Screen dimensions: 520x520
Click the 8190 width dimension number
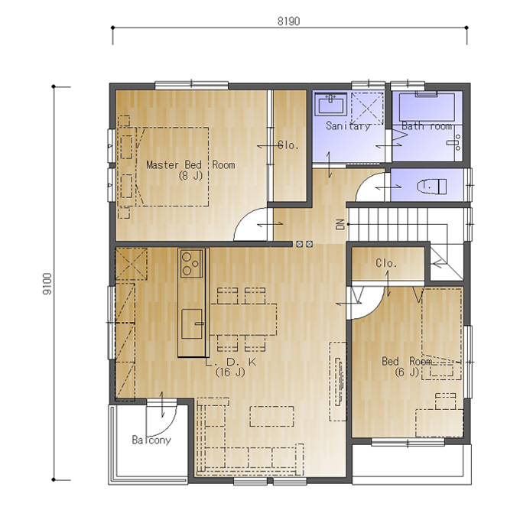point(288,21)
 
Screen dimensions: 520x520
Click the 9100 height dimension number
point(47,284)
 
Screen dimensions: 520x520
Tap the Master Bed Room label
point(190,165)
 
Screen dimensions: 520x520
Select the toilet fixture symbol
point(431,187)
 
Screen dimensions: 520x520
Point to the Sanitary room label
point(348,125)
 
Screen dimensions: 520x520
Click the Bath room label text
point(427,125)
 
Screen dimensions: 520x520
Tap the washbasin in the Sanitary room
point(330,104)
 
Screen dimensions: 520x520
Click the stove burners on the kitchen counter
point(191,264)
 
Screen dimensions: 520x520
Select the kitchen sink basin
point(192,323)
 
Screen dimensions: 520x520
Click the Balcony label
point(151,440)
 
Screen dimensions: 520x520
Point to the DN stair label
point(340,225)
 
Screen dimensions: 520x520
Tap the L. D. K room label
point(231,362)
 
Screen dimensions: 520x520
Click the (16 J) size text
point(230,372)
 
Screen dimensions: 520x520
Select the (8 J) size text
point(190,175)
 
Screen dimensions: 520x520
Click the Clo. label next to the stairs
point(386,263)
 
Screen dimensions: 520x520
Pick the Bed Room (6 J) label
point(407,366)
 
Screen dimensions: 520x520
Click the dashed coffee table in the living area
point(272,416)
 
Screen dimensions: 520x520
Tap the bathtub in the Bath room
point(427,107)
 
